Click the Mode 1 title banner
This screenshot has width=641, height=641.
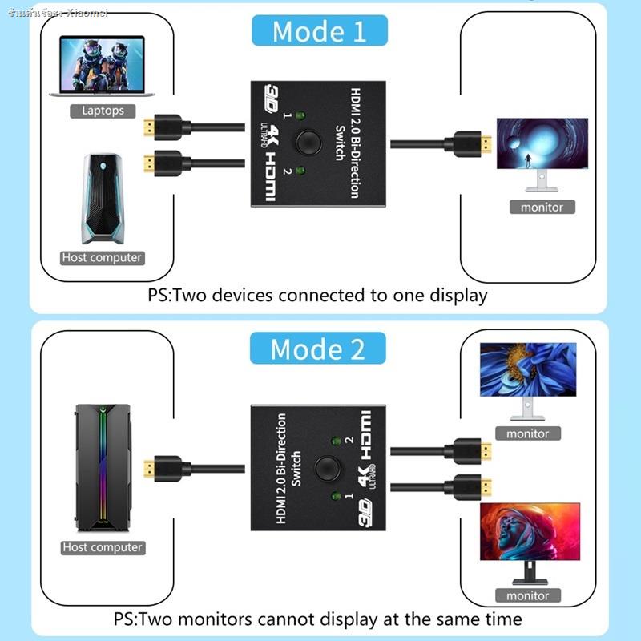[x=319, y=31]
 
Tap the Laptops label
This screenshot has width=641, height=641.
[x=103, y=111]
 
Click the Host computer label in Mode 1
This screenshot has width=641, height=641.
[x=102, y=258]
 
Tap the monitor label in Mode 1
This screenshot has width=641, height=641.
[x=542, y=208]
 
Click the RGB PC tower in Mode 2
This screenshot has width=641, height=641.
[x=103, y=468]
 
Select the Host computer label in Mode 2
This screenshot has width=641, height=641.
[x=102, y=548]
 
